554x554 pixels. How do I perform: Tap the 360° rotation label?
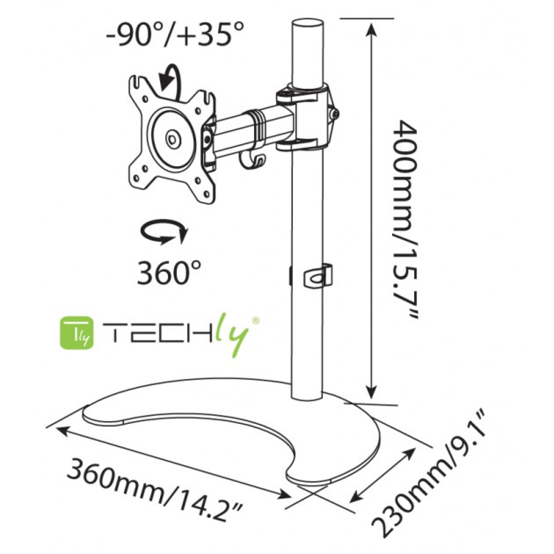pos(169,272)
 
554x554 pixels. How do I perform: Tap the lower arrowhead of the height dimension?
pos(371,392)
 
